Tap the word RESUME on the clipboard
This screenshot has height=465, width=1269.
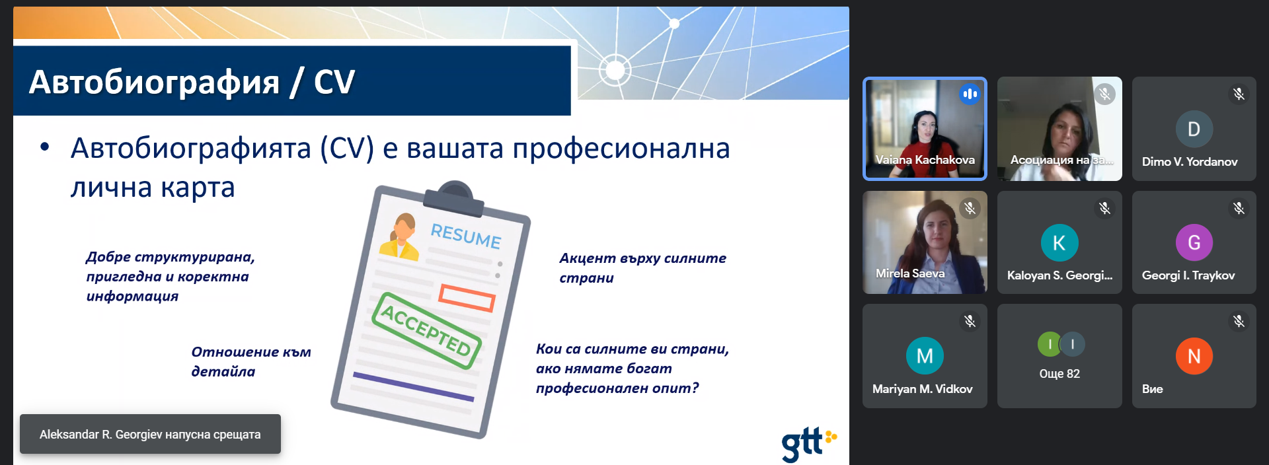click(x=466, y=235)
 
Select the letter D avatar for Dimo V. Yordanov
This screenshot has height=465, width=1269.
click(x=1194, y=129)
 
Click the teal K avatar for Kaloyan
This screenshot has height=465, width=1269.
click(x=1059, y=242)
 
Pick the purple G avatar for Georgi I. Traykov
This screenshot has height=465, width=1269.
click(x=1194, y=242)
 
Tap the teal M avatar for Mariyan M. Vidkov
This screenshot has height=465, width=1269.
click(x=925, y=355)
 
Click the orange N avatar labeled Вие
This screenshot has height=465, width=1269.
click(x=1194, y=356)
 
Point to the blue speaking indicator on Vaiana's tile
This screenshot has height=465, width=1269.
click(x=970, y=94)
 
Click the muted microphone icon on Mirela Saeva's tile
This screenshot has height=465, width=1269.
click(x=970, y=208)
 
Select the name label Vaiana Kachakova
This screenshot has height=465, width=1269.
click(x=925, y=160)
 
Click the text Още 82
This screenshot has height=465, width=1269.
click(x=1059, y=374)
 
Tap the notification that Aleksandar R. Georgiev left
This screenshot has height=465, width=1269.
click(x=150, y=434)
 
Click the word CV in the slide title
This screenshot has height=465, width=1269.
click(x=334, y=83)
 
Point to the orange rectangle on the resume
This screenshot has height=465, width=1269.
click(x=467, y=298)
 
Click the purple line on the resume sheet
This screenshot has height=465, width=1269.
click(x=414, y=387)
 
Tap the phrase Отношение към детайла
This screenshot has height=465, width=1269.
click(x=251, y=361)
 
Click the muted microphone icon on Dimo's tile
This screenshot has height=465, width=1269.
click(x=1239, y=94)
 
